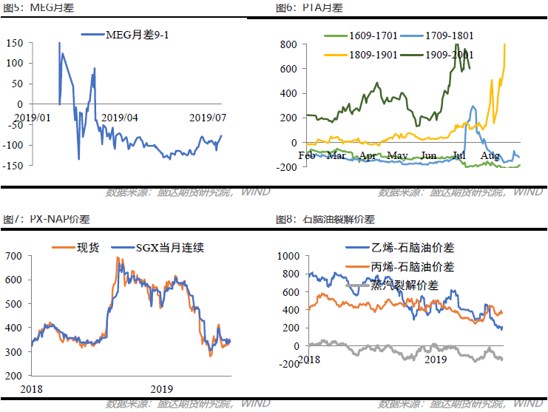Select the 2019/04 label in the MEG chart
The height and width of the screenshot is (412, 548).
119,118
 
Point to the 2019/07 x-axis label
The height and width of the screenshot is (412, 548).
208,118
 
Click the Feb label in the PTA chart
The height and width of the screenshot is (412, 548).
307,155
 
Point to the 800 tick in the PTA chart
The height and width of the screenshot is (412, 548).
288,44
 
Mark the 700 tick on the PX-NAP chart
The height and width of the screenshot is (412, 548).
16,256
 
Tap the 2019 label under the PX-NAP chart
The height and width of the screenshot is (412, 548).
160,389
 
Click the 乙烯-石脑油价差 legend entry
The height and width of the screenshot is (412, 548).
406,247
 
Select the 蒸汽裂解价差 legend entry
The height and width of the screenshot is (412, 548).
405,285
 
